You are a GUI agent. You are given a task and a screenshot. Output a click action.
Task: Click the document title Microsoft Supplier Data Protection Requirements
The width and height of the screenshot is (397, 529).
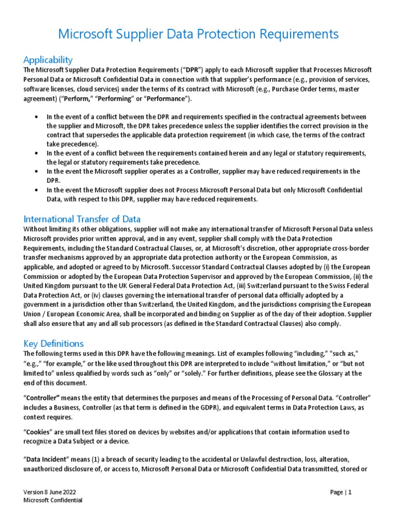198,34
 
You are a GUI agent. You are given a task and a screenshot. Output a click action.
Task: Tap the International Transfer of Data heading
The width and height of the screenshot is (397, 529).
82,219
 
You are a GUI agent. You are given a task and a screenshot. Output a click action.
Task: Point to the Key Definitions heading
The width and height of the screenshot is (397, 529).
54,344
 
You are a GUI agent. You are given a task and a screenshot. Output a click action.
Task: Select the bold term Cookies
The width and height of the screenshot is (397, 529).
41,432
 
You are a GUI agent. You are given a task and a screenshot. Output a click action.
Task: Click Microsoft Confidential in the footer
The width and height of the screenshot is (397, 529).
53,501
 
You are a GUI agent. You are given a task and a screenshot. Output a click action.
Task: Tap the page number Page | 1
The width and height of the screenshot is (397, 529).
341,492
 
